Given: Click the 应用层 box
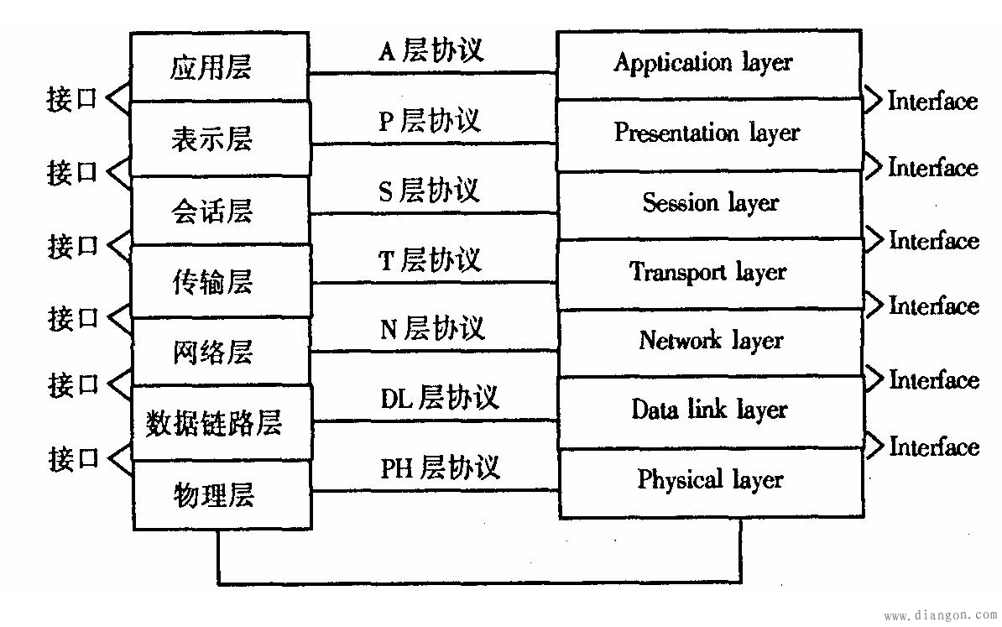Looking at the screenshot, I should point(221,67).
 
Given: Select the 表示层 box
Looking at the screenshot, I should point(221,138).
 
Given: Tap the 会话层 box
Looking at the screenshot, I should point(221,211).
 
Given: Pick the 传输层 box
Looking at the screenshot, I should point(221,281).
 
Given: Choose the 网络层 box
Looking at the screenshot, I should point(221,352).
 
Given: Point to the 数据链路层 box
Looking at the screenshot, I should point(221,423).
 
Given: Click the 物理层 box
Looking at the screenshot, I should point(221,494).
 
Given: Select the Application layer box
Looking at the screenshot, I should point(709,64).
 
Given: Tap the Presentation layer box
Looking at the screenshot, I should point(709,134).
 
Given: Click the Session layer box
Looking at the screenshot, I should point(709,204).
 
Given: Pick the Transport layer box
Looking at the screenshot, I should point(709,274).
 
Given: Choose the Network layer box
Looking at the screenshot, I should point(709,342).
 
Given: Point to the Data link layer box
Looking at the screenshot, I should point(709,410).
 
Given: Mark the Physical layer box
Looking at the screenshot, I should point(709,481).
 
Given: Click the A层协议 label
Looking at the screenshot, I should point(431,51).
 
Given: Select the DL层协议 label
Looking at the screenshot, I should point(439,397).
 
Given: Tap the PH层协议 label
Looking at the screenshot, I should point(439,467).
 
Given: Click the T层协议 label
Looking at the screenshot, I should point(431,260).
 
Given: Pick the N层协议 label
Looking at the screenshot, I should point(432,328).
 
